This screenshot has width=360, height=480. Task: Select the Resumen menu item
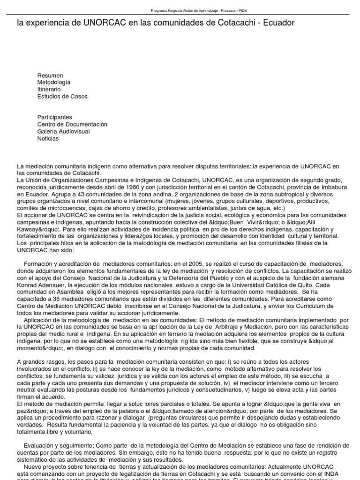coord(50,75)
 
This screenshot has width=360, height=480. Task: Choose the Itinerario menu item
coord(49,90)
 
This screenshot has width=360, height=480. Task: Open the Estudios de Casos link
coord(62,97)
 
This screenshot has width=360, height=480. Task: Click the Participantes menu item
coord(55,117)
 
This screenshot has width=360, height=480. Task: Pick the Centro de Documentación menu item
coord(72,124)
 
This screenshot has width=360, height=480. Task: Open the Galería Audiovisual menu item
coord(63,131)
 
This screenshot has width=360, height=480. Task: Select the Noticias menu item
coord(48,138)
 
